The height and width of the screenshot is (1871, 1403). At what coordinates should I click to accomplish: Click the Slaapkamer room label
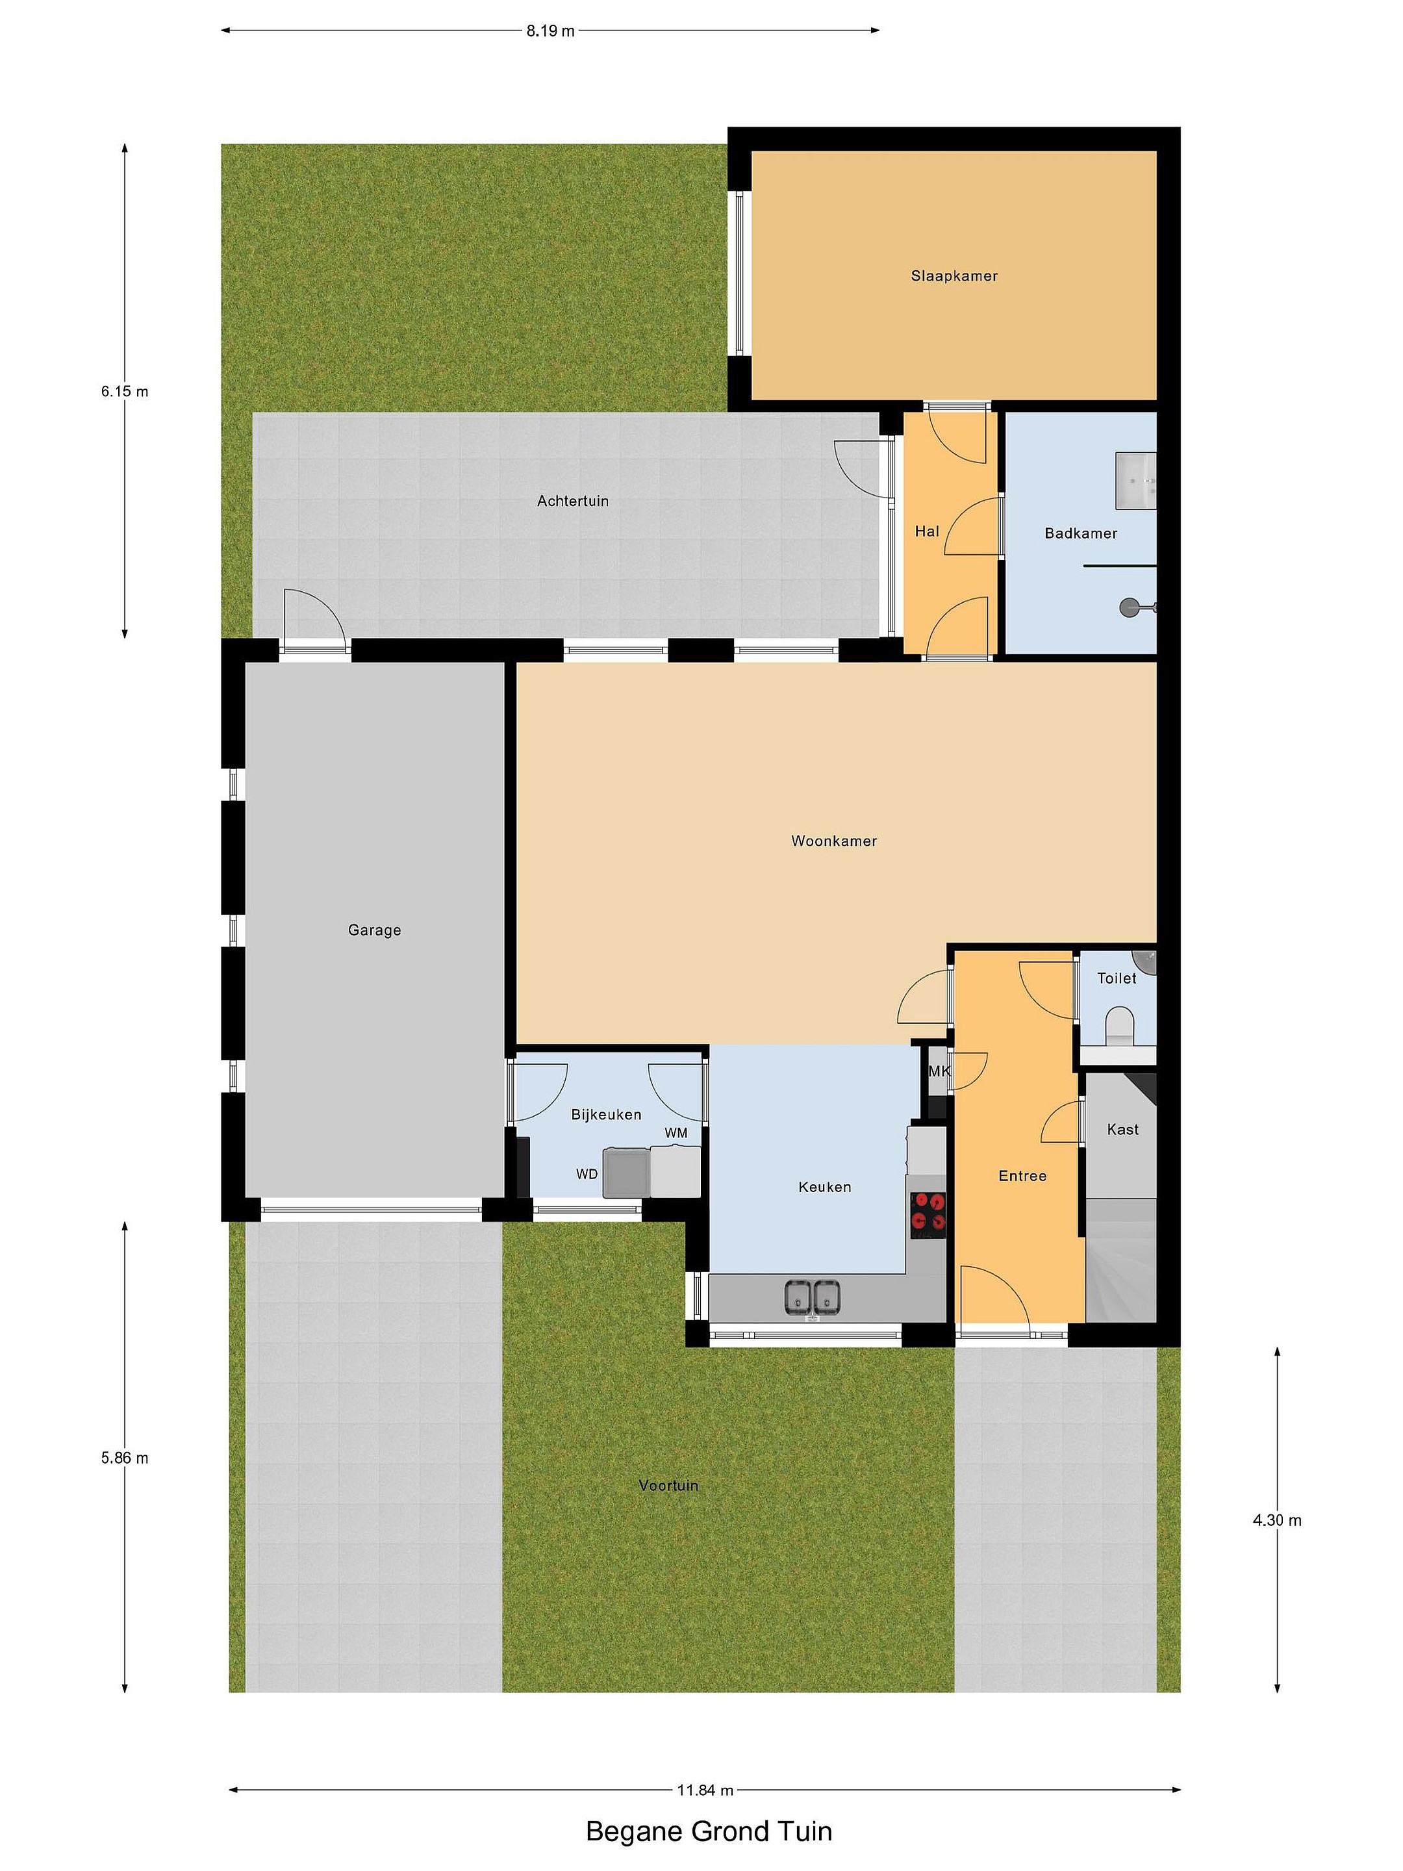[954, 275]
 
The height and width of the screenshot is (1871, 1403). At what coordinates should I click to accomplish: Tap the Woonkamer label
[834, 841]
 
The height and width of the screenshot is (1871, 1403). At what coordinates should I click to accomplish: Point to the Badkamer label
[1081, 533]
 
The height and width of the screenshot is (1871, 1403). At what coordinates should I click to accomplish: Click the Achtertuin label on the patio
[572, 501]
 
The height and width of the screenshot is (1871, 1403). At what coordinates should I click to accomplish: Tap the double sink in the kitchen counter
[812, 1297]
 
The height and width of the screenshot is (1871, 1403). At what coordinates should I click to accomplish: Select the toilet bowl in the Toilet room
[1119, 1025]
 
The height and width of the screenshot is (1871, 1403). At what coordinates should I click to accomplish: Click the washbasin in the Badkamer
[1136, 481]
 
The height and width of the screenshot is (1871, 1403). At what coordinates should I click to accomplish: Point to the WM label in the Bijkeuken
[676, 1132]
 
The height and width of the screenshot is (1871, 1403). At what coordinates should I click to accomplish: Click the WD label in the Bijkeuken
[587, 1174]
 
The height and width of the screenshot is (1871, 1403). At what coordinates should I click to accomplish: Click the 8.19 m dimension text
[551, 31]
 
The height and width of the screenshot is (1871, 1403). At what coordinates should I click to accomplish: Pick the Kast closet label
[1122, 1129]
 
